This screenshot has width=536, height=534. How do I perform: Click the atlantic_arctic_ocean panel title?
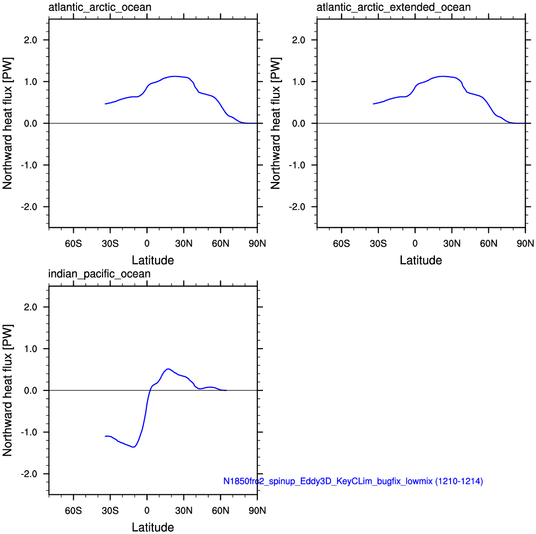click(x=100, y=8)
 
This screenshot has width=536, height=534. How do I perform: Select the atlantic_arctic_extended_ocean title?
click(x=393, y=8)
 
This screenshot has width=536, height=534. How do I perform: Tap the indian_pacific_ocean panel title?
click(x=99, y=274)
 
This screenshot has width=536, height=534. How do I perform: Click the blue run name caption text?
click(x=353, y=482)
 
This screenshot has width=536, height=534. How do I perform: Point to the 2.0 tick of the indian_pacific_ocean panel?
click(x=31, y=307)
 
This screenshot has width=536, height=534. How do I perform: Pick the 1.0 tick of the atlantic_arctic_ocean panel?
click(x=31, y=82)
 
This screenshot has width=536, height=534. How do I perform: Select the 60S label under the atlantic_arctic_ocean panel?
click(x=73, y=244)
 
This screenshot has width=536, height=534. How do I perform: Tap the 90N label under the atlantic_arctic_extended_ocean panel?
click(x=525, y=244)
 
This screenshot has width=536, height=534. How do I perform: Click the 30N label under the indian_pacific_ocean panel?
click(x=184, y=511)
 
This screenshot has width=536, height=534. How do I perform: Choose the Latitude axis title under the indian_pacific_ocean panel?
click(x=153, y=527)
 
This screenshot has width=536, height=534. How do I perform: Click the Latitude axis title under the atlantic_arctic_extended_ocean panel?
click(x=421, y=260)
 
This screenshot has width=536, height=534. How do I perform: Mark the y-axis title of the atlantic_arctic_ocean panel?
click(x=8, y=123)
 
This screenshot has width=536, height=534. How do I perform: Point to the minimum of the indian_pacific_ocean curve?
click(x=134, y=447)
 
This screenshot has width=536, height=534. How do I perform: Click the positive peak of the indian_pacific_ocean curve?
click(x=168, y=369)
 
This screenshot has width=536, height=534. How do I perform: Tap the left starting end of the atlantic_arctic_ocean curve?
click(x=105, y=104)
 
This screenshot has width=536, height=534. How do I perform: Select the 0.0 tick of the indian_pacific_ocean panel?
click(x=31, y=391)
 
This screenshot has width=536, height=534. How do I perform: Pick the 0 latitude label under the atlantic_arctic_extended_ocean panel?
click(x=415, y=244)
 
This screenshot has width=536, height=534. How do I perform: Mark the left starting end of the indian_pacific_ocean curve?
click(x=105, y=436)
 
